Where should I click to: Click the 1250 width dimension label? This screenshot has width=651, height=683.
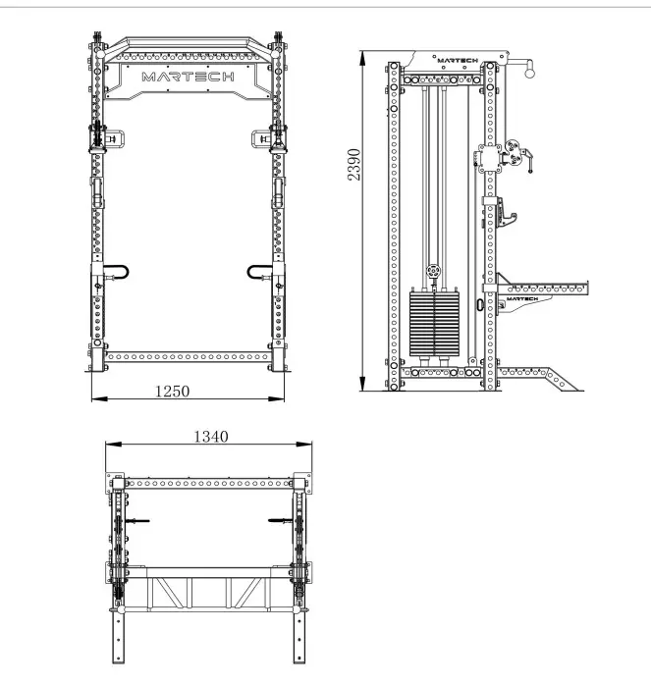172,391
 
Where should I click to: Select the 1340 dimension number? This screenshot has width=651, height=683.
210,437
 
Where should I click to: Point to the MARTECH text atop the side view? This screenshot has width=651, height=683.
455,61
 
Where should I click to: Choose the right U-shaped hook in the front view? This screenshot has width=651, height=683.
260,272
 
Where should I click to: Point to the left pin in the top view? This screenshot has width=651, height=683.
137,520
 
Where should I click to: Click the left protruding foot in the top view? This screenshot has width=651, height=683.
121,638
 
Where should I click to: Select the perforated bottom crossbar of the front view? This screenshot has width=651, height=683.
186,358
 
